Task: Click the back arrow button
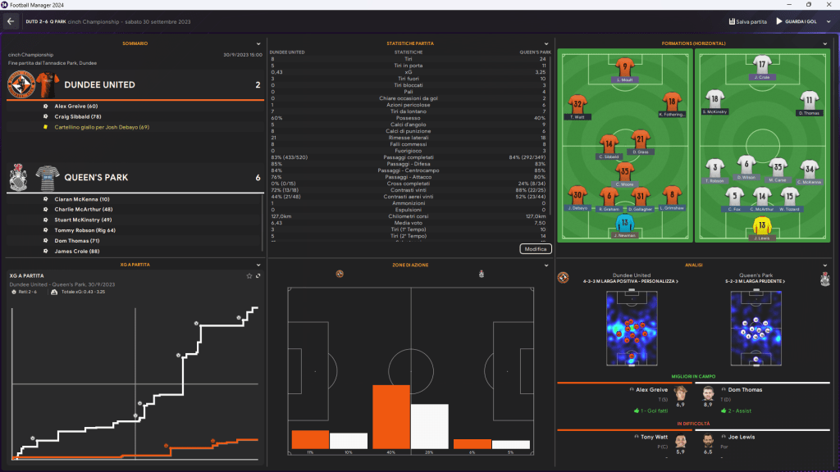click(x=11, y=21)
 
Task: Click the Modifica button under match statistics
click(x=536, y=248)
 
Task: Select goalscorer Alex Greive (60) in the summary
click(x=76, y=107)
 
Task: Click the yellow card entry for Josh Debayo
click(x=102, y=127)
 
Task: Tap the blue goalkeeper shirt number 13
click(x=625, y=223)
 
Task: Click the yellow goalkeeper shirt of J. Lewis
click(x=763, y=225)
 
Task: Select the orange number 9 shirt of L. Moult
click(x=625, y=67)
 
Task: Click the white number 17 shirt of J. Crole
click(x=763, y=66)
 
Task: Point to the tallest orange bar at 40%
click(x=391, y=416)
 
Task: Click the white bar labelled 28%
click(x=429, y=426)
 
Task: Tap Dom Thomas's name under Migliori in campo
click(x=746, y=390)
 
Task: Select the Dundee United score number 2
click(x=258, y=85)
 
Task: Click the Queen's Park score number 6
click(x=258, y=177)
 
